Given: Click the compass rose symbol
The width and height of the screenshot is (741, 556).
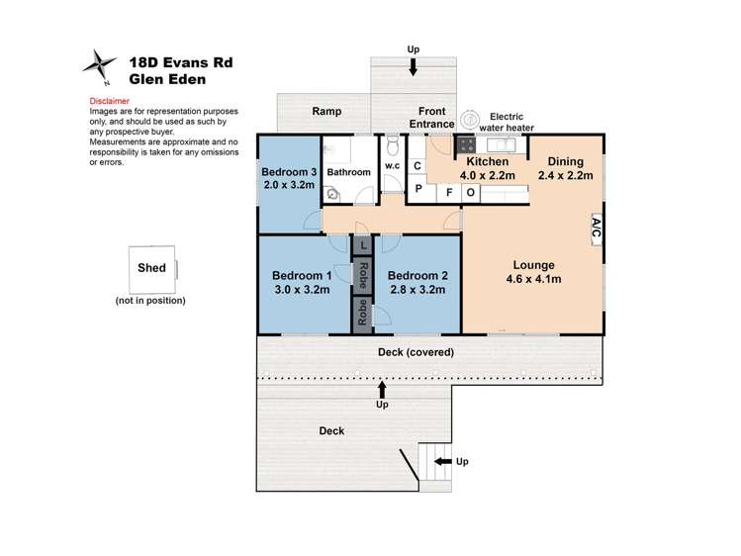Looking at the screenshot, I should point(99,66).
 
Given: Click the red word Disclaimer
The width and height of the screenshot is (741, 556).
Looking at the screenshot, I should point(109,101).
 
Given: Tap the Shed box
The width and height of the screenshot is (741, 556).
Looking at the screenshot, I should point(150,267).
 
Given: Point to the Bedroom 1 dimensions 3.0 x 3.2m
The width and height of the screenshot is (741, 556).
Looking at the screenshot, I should point(300,290).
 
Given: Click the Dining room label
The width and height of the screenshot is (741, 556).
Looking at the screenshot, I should point(565,161).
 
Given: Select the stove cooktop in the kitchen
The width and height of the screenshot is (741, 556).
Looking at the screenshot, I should point(466,145).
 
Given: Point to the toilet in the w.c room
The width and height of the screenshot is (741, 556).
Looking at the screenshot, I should point(394,149).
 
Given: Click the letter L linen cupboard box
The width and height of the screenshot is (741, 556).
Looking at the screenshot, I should point(363,244).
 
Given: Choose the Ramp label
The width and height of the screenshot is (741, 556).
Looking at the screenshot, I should point(326,112).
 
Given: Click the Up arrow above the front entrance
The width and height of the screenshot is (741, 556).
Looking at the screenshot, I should point(413,67).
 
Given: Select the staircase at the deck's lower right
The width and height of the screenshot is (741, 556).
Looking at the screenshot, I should point(431,461).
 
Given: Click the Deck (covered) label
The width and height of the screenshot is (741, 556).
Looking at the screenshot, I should point(416,352).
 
